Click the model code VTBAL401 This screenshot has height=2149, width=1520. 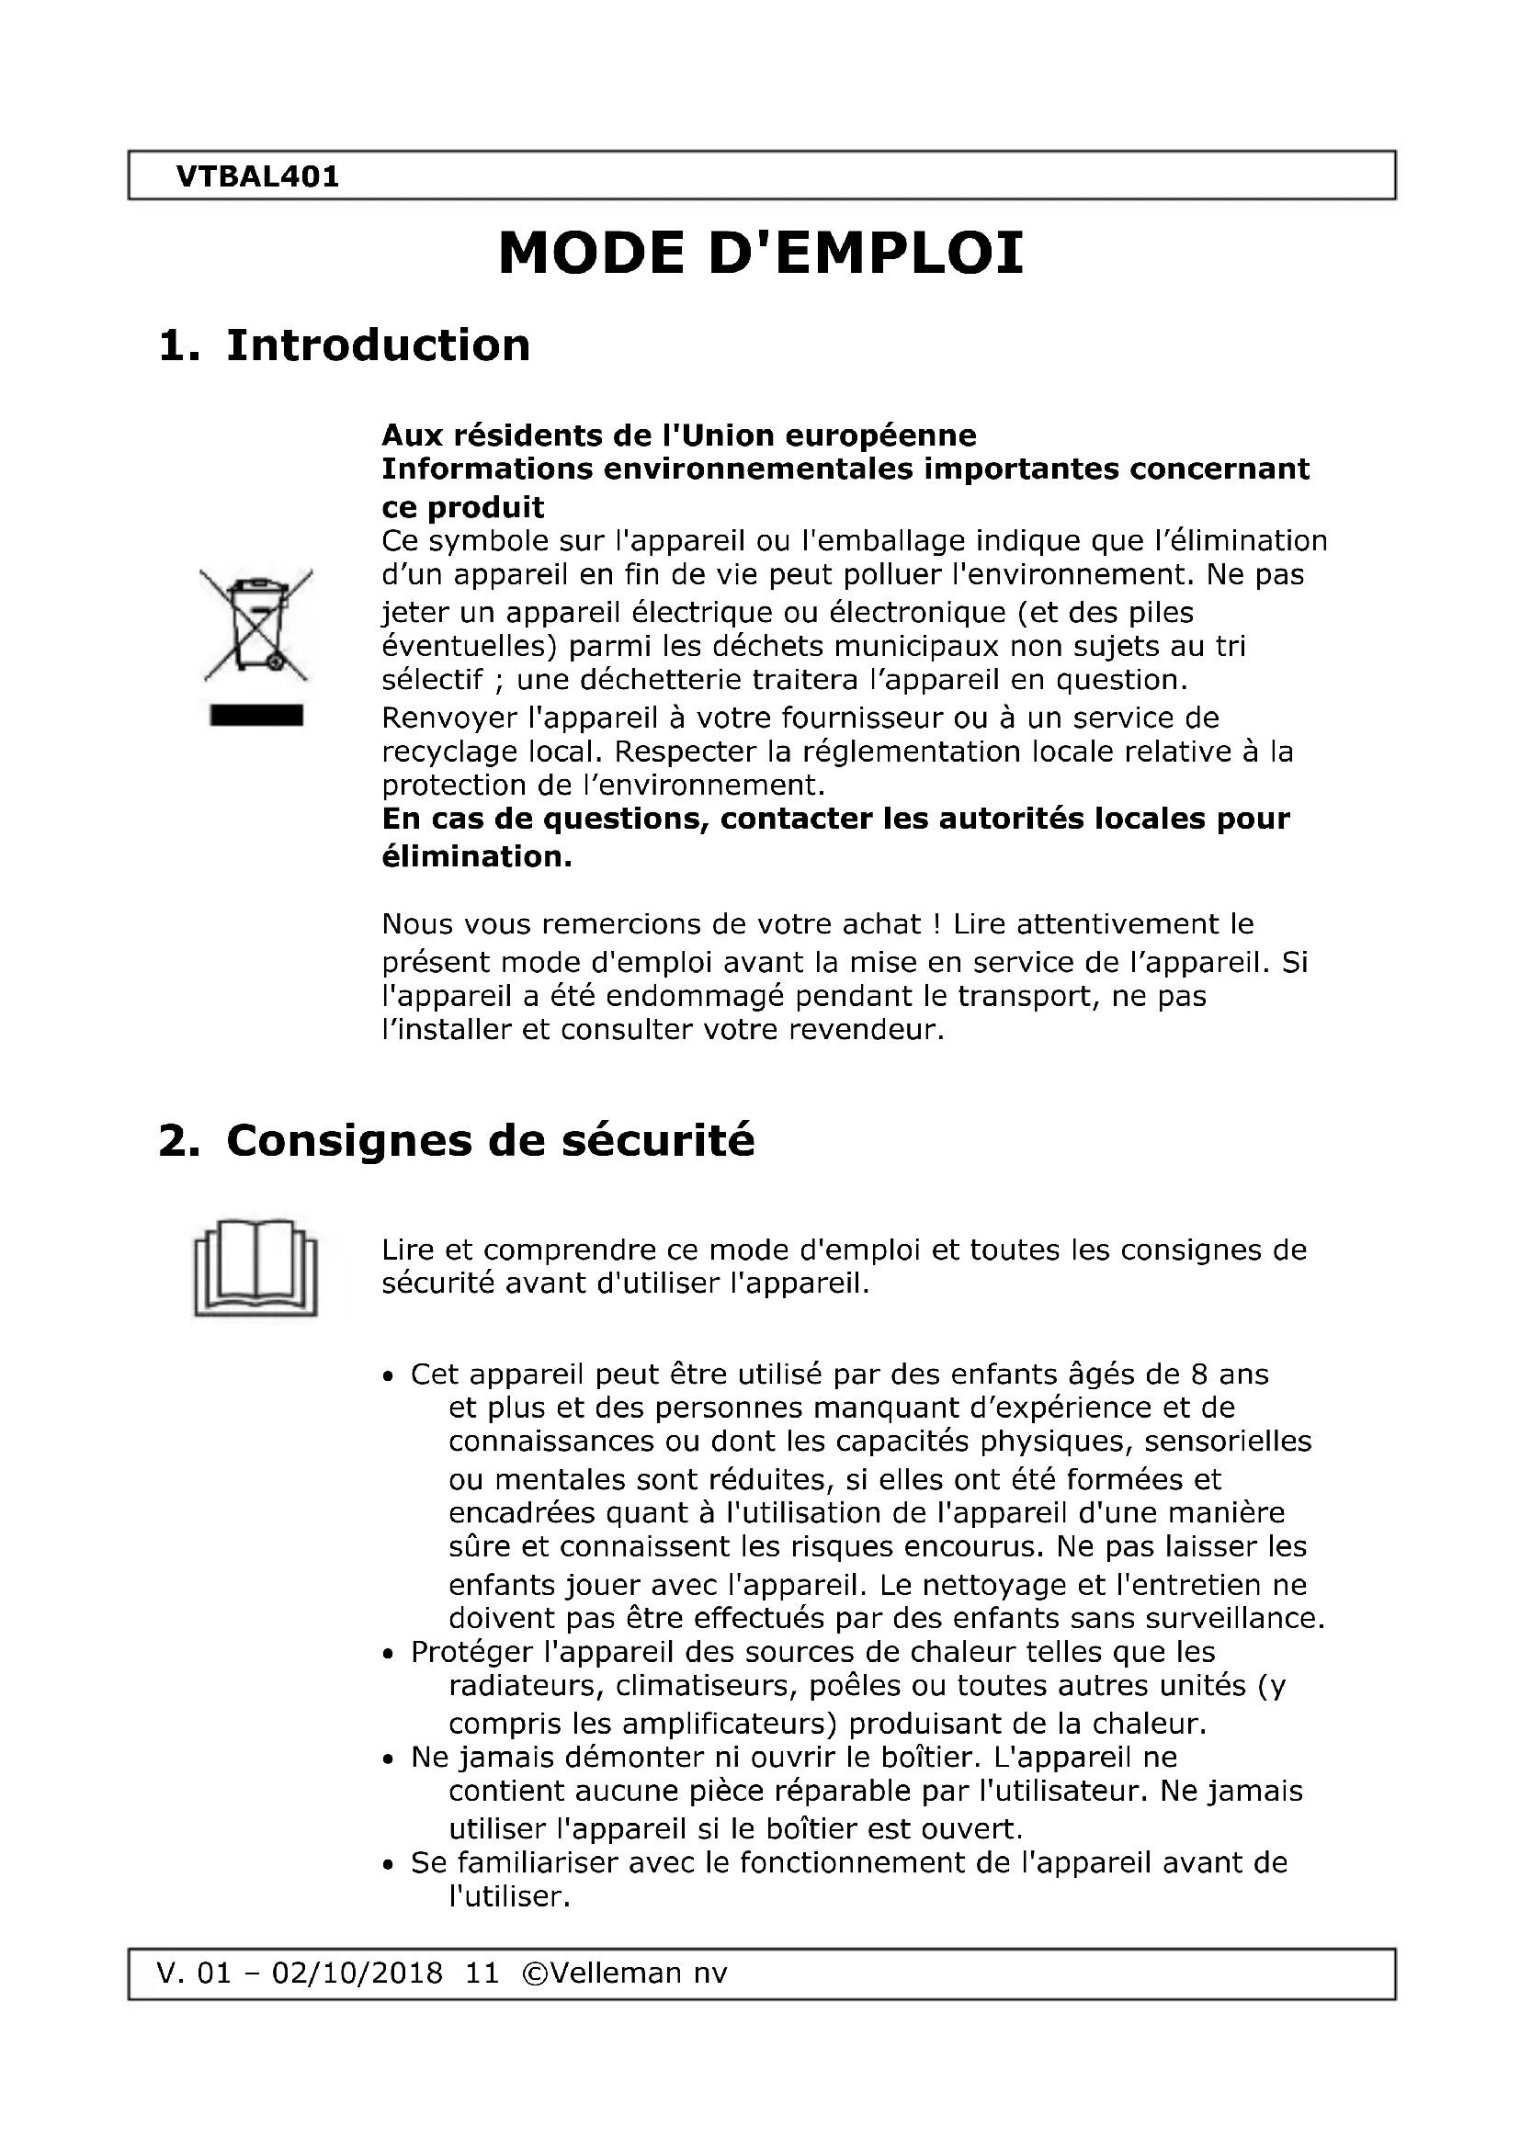(257, 176)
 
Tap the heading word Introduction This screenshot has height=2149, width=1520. (378, 345)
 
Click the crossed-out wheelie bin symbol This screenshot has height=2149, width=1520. (256, 624)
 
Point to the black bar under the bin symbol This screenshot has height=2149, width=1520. (256, 716)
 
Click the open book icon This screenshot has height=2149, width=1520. (255, 1267)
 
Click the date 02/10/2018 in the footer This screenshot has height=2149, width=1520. (357, 1973)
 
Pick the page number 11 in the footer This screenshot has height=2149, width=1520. (482, 1973)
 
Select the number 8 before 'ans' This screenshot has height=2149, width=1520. (1199, 1375)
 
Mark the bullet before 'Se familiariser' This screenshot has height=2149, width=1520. (389, 1865)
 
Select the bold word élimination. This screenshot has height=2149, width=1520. (475, 856)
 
